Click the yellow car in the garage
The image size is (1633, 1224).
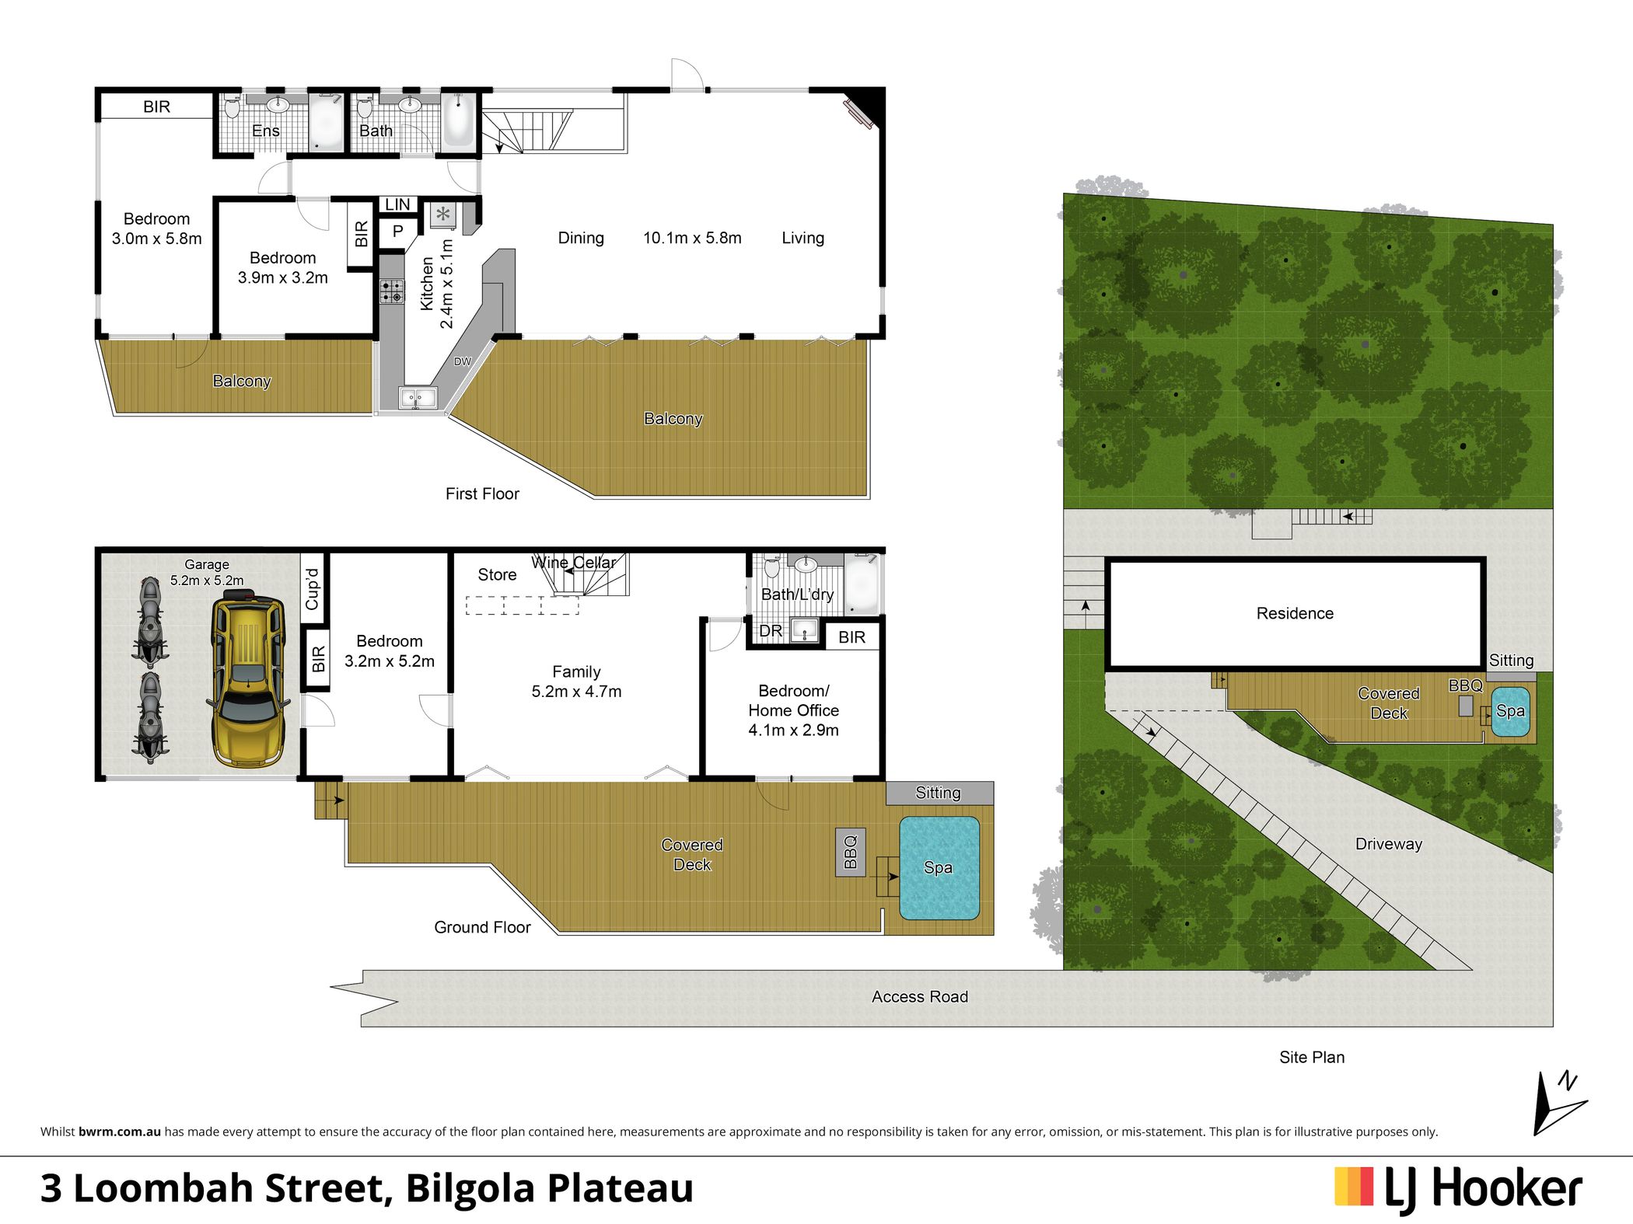pyautogui.click(x=247, y=678)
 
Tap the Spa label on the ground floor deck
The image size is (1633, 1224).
pyautogui.click(x=938, y=867)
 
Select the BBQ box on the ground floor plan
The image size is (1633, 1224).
pyautogui.click(x=851, y=853)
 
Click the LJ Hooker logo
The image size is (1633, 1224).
pyautogui.click(x=1458, y=1189)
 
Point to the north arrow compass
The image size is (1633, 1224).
pyautogui.click(x=1558, y=1104)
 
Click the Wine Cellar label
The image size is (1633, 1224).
pyautogui.click(x=574, y=562)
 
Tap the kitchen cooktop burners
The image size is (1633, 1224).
pyautogui.click(x=392, y=291)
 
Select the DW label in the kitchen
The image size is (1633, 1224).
pyautogui.click(x=463, y=361)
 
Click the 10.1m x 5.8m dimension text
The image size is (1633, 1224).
pyautogui.click(x=692, y=238)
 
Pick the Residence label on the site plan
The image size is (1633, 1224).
pyautogui.click(x=1295, y=613)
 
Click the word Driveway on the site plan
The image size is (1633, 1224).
pyautogui.click(x=1389, y=844)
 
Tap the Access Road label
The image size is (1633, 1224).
pyautogui.click(x=920, y=996)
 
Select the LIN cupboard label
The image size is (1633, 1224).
pyautogui.click(x=397, y=204)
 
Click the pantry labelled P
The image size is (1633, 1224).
pyautogui.click(x=397, y=231)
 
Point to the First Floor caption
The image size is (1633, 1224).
pyautogui.click(x=482, y=493)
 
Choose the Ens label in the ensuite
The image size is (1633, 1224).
pyautogui.click(x=266, y=131)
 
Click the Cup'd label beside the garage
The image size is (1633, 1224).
pyautogui.click(x=313, y=588)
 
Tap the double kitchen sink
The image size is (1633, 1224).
pyautogui.click(x=418, y=399)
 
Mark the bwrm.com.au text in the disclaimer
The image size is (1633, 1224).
pyautogui.click(x=120, y=1132)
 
